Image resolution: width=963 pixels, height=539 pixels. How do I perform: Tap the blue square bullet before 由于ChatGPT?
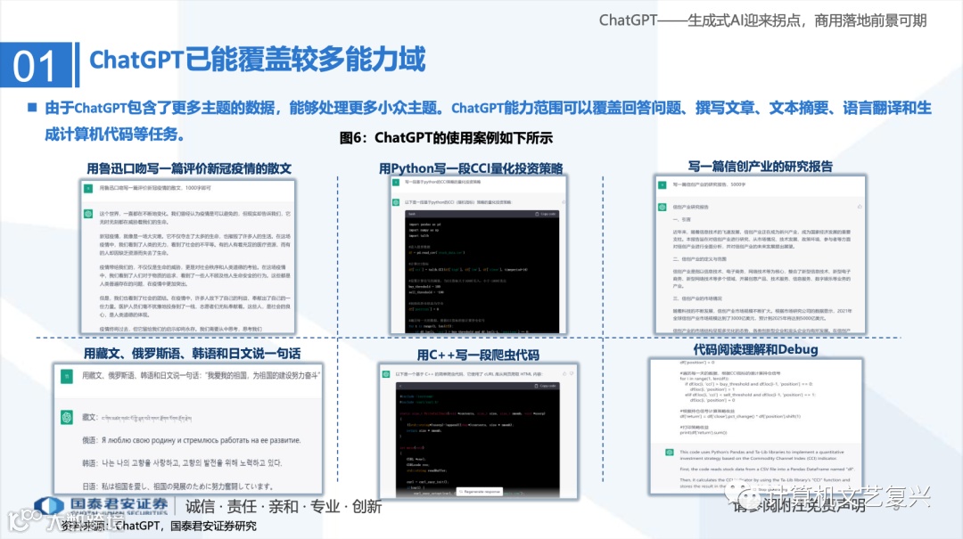32,107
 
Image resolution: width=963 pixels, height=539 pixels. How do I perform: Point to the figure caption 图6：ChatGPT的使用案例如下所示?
446,138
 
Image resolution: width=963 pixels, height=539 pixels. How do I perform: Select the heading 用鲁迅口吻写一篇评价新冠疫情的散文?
189,167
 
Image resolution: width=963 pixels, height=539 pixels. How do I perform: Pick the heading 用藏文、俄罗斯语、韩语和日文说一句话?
190,353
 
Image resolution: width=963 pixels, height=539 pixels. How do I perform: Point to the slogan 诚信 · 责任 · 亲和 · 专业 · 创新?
284,507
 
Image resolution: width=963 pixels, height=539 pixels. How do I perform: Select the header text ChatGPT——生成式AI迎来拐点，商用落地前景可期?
762,20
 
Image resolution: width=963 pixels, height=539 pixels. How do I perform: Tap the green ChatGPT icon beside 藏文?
66,417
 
